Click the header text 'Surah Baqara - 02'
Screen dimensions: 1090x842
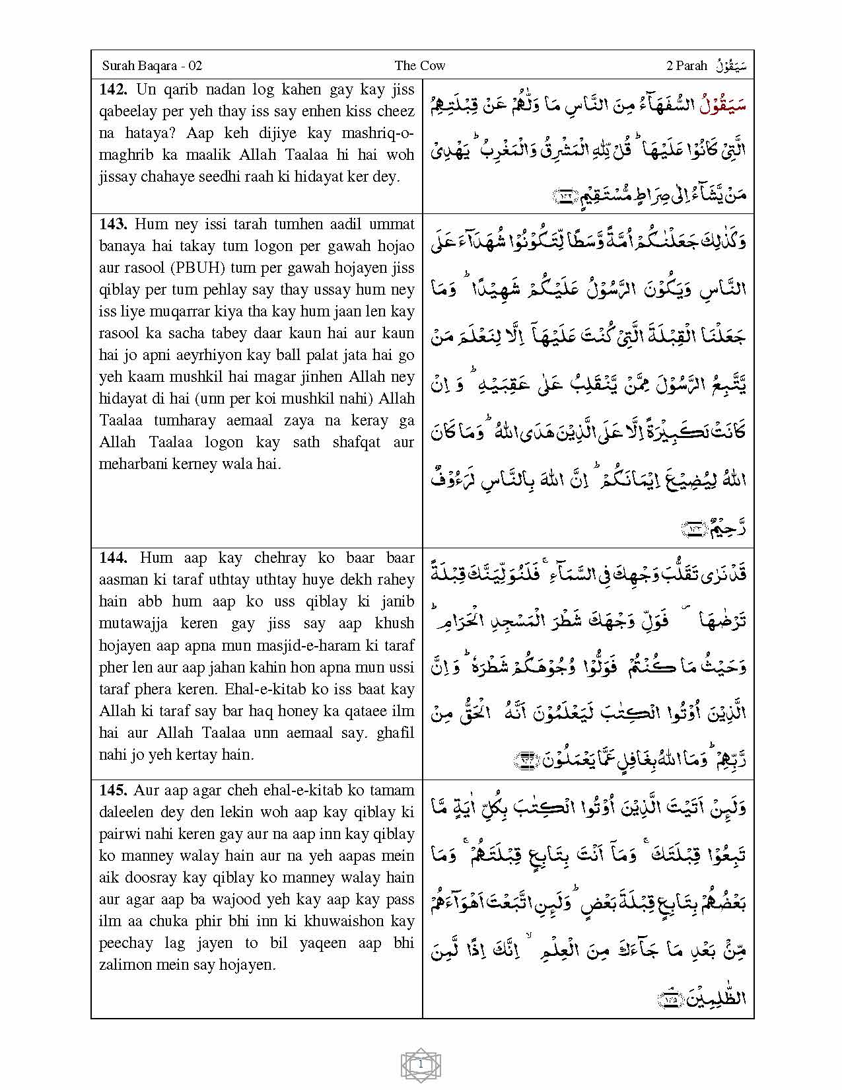click(x=152, y=65)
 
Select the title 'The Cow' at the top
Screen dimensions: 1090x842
click(x=420, y=65)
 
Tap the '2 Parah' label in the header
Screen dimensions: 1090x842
click(x=687, y=65)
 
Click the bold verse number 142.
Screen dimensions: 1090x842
click(x=113, y=89)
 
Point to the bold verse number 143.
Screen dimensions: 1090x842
click(x=113, y=224)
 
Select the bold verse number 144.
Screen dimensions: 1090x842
click(x=113, y=558)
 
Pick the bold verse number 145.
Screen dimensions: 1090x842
click(x=113, y=790)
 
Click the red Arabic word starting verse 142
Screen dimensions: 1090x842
click(x=722, y=106)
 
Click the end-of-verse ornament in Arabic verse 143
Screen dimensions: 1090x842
click(x=694, y=529)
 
